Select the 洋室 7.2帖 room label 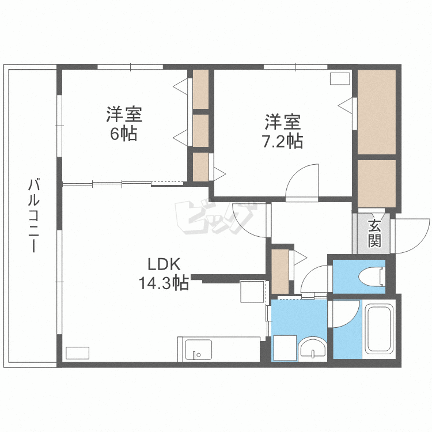(283, 131)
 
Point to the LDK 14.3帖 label (165, 273)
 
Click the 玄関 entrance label (374, 233)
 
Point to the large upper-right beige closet (377, 112)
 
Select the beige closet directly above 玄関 (377, 183)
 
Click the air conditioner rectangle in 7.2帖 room (340, 79)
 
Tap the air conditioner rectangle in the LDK (78, 353)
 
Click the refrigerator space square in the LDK (252, 291)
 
